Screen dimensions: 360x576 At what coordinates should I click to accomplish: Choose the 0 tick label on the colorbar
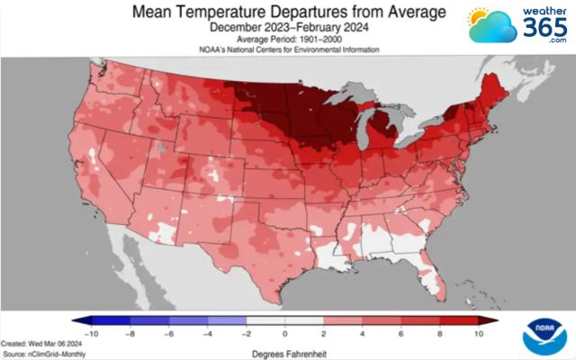point(285,333)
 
